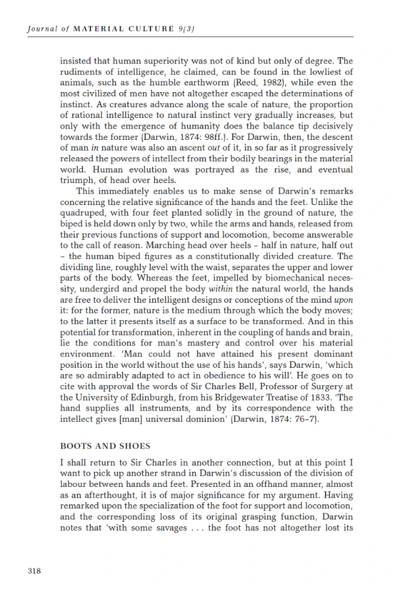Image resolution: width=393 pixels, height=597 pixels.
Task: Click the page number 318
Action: pyautogui.click(x=34, y=571)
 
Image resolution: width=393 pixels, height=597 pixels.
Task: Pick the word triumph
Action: pyautogui.click(x=74, y=180)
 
